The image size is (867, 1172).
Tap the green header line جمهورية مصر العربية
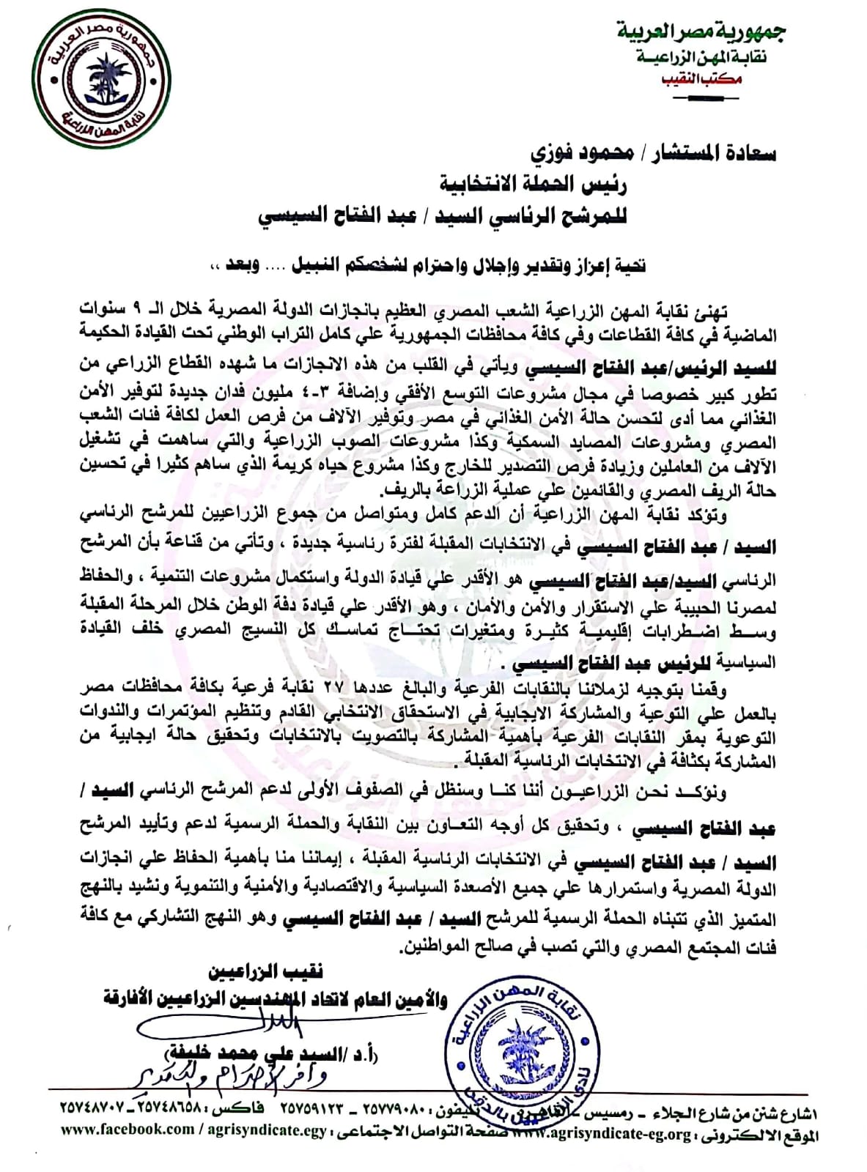click(700, 31)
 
